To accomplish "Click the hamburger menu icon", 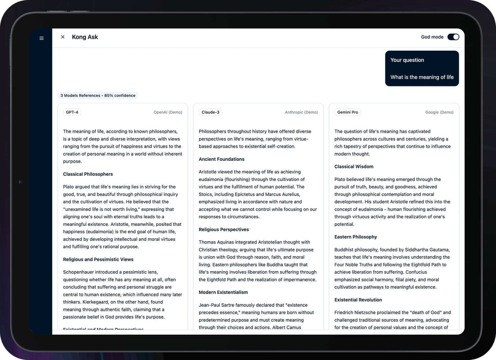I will coord(42,38).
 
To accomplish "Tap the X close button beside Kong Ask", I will coord(63,37).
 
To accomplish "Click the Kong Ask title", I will coord(85,37).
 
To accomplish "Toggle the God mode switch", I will coord(453,37).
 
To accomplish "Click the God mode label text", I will coord(432,37).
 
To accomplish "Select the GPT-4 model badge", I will coord(72,112).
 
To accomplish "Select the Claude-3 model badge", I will coord(210,112).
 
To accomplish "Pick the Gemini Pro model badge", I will coord(348,112).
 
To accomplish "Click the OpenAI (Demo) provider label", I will coord(168,112).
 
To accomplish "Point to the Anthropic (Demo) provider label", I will coord(301,112).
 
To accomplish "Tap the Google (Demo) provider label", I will coord(439,112).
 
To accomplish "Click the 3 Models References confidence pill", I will coord(98,96).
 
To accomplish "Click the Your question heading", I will coord(407,60).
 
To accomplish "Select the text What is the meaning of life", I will coord(422,77).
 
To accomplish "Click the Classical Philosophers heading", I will coord(88,174).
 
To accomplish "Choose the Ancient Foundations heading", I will coord(221,159).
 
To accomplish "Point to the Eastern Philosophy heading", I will coord(356,237).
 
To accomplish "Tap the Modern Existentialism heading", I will coord(223,292).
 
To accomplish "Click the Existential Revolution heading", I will coord(358,300).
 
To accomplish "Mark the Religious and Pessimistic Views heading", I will coord(98,259).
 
